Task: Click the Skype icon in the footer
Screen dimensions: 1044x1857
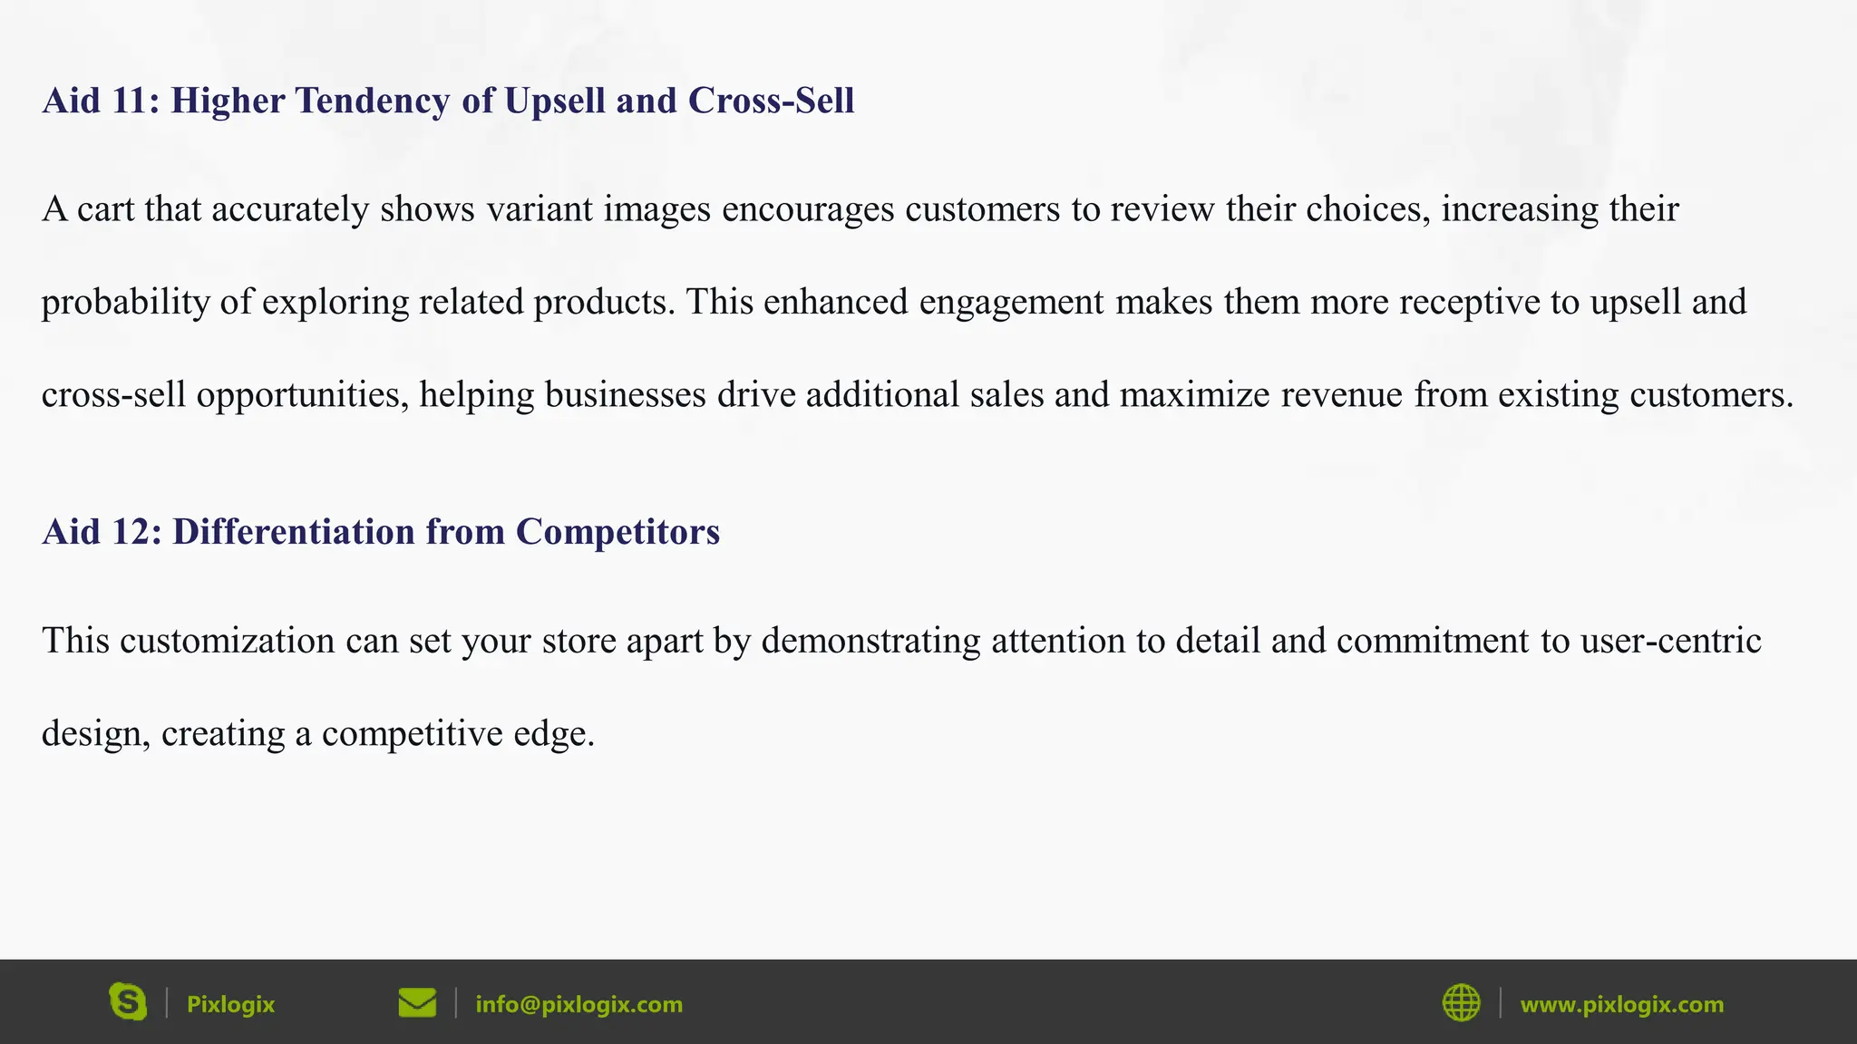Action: click(x=128, y=1002)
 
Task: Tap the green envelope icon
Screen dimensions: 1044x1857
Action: click(x=417, y=1002)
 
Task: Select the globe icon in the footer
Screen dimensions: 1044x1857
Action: click(x=1461, y=1002)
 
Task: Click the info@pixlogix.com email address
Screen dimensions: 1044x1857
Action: click(x=578, y=1004)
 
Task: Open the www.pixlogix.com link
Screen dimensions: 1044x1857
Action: click(x=1621, y=1004)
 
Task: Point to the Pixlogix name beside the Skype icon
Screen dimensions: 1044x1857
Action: click(x=230, y=1004)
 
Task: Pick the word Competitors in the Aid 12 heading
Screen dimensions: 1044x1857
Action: click(x=617, y=532)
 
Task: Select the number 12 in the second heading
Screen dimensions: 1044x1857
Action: click(x=131, y=532)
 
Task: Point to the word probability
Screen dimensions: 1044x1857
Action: click(x=126, y=303)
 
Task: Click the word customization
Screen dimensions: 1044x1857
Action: click(x=227, y=641)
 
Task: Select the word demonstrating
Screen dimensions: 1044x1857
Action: click(x=870, y=641)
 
